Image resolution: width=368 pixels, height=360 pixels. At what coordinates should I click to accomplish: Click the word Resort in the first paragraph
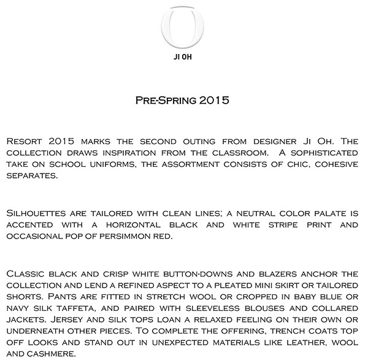coord(24,141)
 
